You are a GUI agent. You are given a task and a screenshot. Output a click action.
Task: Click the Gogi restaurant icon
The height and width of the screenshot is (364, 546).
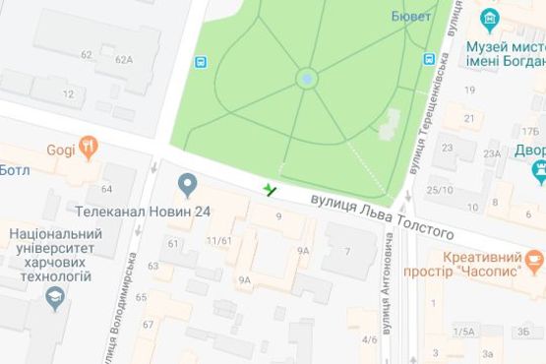click(91, 150)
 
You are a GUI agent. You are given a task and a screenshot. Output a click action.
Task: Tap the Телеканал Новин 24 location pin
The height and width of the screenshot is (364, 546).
click(188, 184)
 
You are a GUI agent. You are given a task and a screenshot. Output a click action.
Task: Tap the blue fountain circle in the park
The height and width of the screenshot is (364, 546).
click(308, 77)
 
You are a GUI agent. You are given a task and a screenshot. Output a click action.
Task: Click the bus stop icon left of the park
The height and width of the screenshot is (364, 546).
click(201, 61)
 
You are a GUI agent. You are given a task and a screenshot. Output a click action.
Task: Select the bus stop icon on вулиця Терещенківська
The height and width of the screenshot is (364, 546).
click(429, 58)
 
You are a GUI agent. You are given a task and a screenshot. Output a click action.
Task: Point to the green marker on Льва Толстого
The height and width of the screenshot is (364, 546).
click(270, 187)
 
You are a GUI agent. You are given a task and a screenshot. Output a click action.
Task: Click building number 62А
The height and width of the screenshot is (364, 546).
click(123, 60)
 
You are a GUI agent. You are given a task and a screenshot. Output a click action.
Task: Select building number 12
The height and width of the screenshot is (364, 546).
click(69, 94)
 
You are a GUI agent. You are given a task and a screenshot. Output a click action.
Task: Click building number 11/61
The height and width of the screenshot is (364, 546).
click(218, 240)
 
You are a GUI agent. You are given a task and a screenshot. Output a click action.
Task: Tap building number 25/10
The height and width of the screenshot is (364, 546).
click(440, 189)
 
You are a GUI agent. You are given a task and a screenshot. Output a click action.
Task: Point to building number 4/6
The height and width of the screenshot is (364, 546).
click(370, 339)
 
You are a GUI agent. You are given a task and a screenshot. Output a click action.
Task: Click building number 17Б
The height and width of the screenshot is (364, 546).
click(531, 129)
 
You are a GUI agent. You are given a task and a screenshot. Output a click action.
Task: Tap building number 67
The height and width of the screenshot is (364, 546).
click(149, 325)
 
